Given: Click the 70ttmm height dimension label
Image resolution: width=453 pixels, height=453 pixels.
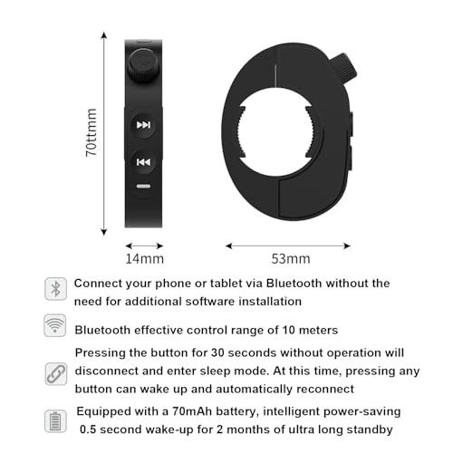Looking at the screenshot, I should click(x=92, y=133).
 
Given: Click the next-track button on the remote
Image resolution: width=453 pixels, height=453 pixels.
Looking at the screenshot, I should click(x=143, y=124).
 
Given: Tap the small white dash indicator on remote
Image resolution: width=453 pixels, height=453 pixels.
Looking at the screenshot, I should click(x=143, y=188).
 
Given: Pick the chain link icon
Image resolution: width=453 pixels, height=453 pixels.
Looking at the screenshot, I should click(x=54, y=371).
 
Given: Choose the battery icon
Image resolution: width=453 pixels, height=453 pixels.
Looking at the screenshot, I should click(x=54, y=419).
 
